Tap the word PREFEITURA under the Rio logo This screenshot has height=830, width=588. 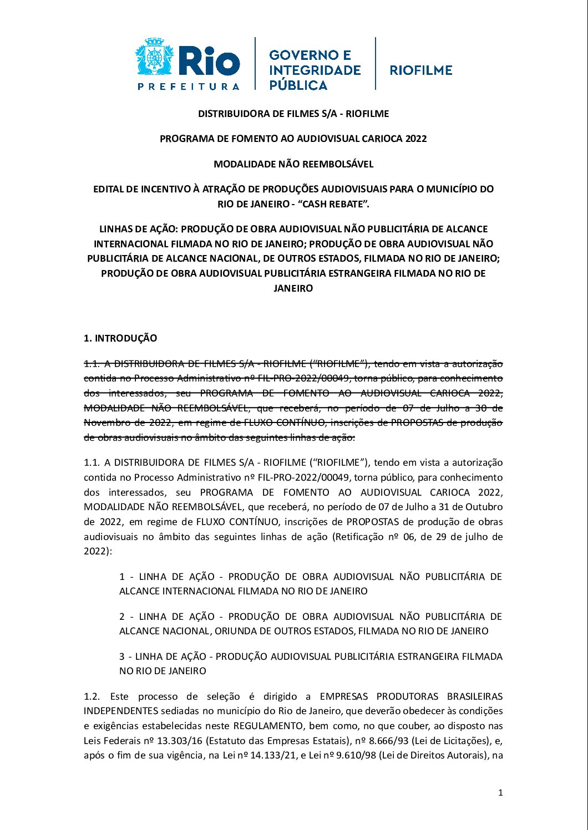coord(189,86)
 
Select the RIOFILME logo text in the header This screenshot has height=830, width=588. coord(421,70)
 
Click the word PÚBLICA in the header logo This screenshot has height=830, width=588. coord(298,85)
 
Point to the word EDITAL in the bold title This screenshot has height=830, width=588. coord(108,189)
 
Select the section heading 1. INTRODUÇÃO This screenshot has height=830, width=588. coord(120,338)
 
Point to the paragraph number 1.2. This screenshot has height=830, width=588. coord(92,696)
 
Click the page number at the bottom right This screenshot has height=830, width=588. coord(500,793)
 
